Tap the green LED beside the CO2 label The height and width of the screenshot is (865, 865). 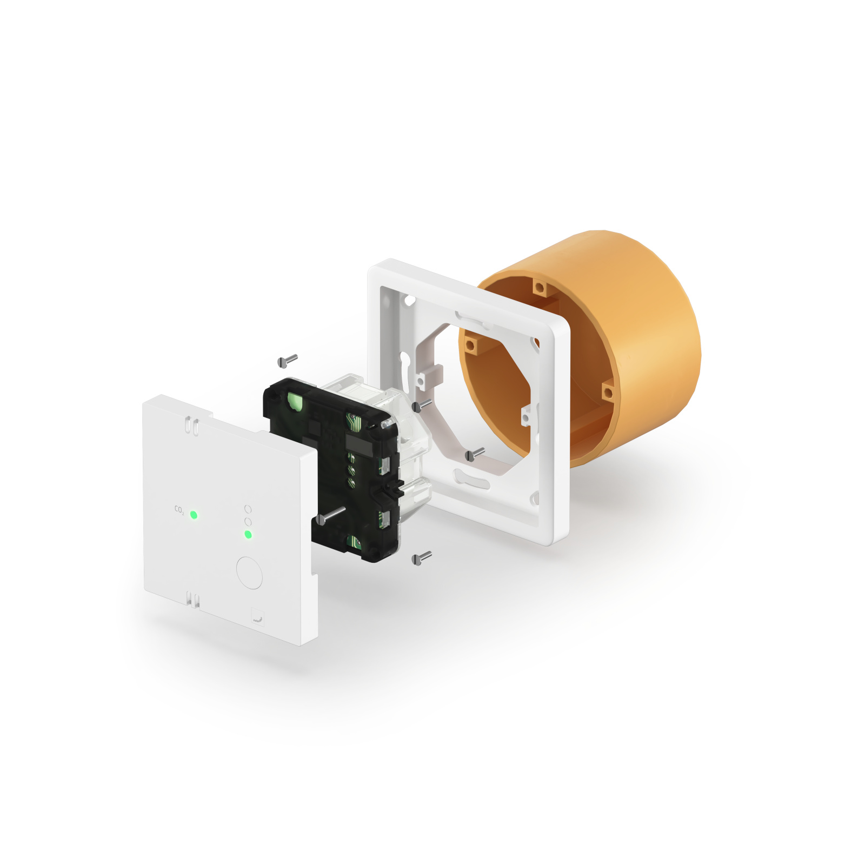194,515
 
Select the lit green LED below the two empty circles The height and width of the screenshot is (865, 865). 248,535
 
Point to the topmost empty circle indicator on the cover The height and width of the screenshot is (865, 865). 248,509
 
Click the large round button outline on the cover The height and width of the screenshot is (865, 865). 249,573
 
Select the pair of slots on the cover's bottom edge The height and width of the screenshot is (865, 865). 192,599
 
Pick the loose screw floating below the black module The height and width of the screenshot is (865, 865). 421,557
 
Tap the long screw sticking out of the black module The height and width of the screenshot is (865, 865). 331,515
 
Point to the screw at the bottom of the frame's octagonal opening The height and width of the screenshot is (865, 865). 475,454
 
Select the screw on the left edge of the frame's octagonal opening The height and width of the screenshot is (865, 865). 422,405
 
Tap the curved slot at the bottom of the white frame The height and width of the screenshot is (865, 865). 471,478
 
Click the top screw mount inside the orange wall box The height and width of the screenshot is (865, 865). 539,288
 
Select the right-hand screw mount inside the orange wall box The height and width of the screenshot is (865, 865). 608,391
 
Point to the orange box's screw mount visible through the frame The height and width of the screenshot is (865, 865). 470,344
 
